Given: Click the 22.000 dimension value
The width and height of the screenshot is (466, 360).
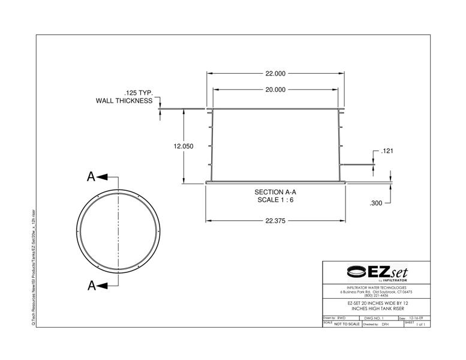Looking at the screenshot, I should pos(275,74).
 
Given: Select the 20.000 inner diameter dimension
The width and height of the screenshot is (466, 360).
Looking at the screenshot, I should pos(275,89).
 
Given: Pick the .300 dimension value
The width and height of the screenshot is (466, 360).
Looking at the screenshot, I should pos(376,203).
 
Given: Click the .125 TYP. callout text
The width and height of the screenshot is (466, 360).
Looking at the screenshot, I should pos(139,94).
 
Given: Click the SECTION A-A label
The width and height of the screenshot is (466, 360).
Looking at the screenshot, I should pos(276,192).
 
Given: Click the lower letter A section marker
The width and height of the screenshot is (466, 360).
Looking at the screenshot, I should pos(91,286).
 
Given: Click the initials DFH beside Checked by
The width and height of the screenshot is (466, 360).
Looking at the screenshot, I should pos(385,324).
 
